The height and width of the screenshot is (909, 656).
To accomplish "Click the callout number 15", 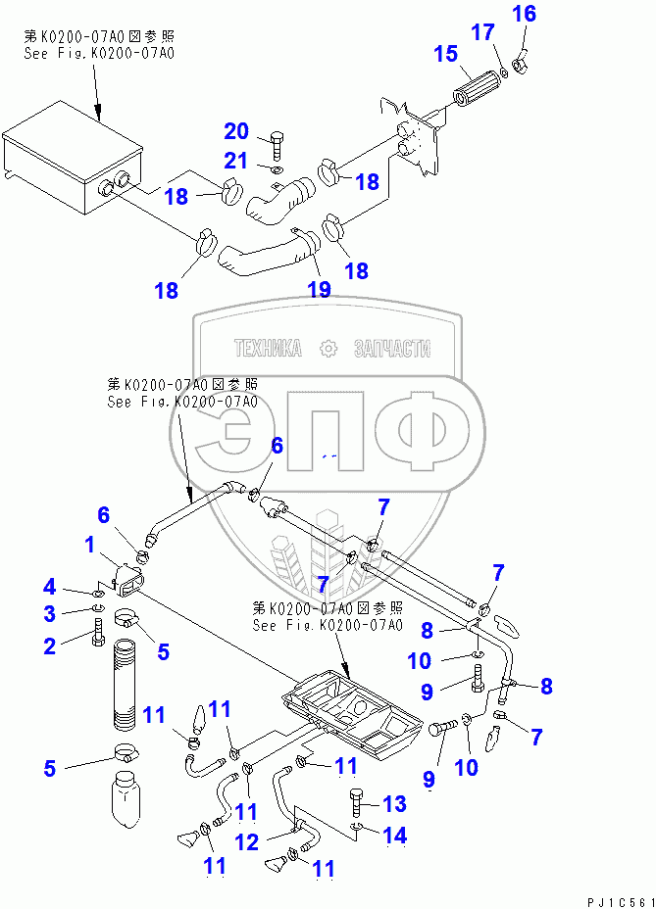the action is click(446, 53).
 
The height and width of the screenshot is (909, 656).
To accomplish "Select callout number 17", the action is click(482, 32).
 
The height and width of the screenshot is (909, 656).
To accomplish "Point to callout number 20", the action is click(237, 131).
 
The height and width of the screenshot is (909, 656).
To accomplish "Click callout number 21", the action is click(237, 162).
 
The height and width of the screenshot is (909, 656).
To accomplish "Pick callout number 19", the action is click(319, 289).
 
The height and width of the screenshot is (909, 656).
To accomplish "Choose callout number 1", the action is click(89, 544).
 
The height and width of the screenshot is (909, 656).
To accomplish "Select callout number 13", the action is click(393, 804).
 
